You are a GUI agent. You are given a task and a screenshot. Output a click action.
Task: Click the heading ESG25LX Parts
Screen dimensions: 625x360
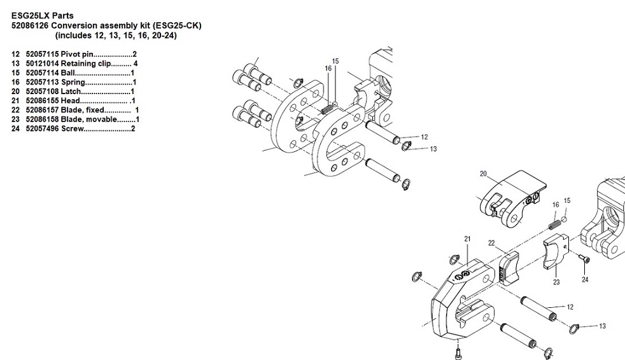(42, 15)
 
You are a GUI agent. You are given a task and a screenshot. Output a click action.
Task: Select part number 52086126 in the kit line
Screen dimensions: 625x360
(31, 25)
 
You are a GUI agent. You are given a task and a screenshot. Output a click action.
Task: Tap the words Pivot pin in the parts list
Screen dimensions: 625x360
(77, 54)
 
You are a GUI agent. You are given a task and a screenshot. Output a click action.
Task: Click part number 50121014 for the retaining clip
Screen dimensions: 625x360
(42, 64)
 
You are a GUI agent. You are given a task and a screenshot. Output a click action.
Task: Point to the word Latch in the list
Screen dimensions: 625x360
(71, 91)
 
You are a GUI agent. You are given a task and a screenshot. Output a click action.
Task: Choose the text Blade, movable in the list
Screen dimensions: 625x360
(89, 120)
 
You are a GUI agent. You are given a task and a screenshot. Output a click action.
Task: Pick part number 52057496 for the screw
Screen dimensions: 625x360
(42, 128)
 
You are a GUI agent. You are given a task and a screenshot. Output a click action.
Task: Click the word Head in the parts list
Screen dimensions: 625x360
(70, 100)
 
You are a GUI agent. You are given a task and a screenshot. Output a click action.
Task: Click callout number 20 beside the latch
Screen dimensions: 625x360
(484, 174)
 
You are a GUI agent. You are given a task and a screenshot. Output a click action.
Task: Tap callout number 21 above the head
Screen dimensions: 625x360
(467, 239)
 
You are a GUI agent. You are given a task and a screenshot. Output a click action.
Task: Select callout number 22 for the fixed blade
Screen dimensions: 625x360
(491, 243)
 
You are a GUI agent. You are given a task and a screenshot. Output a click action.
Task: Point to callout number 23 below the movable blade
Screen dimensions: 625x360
(556, 282)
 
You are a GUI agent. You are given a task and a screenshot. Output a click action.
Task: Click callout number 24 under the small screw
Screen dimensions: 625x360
(585, 280)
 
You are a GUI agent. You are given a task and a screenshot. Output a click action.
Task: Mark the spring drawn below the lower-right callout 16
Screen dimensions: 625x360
(554, 225)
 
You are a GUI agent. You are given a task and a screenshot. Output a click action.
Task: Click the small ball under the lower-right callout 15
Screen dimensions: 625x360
(565, 219)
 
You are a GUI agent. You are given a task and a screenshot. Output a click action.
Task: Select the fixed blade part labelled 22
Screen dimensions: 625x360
(509, 269)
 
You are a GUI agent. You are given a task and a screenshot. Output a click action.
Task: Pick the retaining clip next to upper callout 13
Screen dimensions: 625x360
(407, 146)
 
